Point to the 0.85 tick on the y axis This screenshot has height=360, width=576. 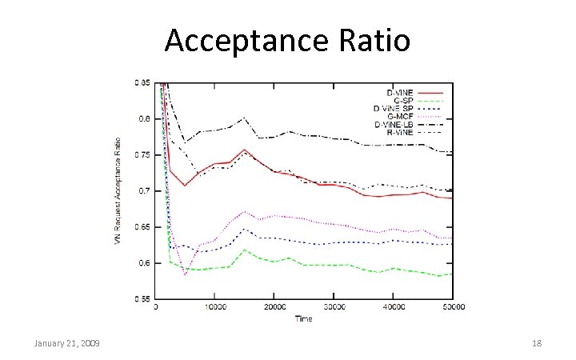[142, 82]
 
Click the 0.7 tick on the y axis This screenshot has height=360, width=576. [145, 190]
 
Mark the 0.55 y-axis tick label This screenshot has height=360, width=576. [142, 298]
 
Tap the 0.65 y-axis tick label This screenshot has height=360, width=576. [142, 227]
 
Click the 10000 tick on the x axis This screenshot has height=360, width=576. [214, 307]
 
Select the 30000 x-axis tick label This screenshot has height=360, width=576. [334, 307]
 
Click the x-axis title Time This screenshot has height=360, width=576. [303, 318]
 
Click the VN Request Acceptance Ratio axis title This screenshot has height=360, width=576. [118, 190]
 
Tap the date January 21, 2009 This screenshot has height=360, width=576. [66, 343]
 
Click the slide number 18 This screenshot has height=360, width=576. [536, 343]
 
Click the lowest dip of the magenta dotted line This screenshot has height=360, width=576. [185, 274]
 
